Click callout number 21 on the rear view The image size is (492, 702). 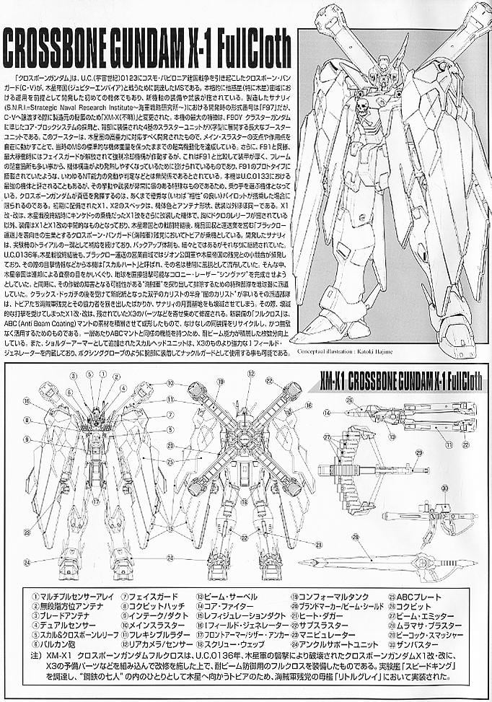point(297,542)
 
